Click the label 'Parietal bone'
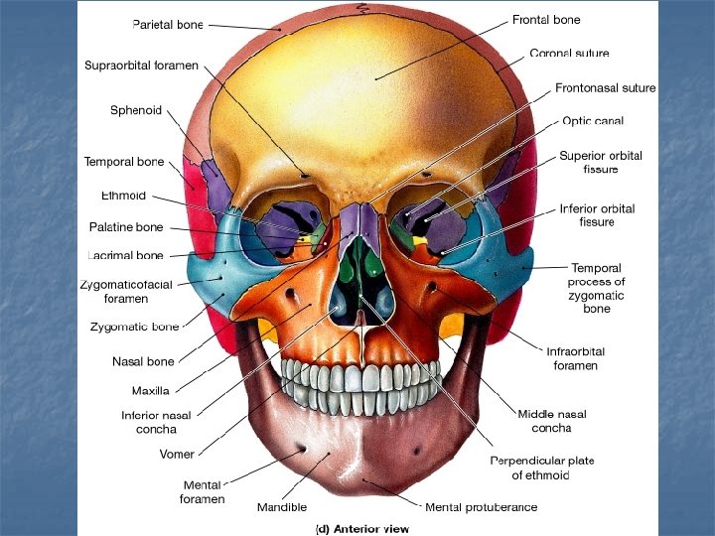point(169,23)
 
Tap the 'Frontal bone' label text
point(546,20)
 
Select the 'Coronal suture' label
point(569,53)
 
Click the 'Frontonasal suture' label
point(605,87)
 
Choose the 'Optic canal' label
point(593,121)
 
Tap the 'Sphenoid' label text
point(135,110)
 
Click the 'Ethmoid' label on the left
point(123,195)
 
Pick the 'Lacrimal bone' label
point(124,256)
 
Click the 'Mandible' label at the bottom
point(282,507)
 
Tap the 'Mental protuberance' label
point(481,507)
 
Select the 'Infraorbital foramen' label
point(575,358)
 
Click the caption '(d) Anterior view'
point(361,529)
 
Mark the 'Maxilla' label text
point(151,390)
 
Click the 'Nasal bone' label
point(143,362)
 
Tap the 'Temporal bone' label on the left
point(124,162)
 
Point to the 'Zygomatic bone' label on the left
point(135,326)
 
